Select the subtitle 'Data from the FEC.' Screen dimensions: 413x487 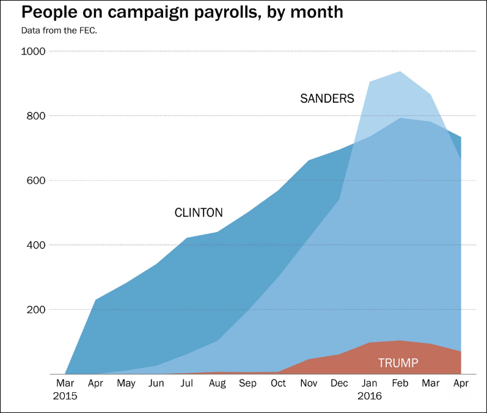tap(59, 30)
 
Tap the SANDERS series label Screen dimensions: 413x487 tap(327, 98)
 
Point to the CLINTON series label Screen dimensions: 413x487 tap(199, 213)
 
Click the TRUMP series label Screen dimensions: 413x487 tap(398, 364)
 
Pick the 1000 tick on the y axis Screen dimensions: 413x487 tap(34, 51)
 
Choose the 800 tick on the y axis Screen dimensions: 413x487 tap(37, 116)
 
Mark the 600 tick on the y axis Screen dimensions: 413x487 tap(37, 181)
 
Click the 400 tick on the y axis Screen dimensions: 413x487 tap(37, 245)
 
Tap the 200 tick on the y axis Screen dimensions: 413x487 tap(37, 310)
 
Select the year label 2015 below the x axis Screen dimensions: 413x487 tap(65, 396)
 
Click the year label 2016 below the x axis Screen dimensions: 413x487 tap(369, 396)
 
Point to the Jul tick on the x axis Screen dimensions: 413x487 tap(186, 383)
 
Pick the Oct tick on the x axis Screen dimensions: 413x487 tap(278, 383)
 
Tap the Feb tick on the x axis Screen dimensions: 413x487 tap(400, 383)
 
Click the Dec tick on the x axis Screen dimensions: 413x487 tap(339, 383)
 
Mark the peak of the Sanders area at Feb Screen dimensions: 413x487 tap(400, 71)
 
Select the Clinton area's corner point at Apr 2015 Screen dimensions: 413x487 tap(95, 299)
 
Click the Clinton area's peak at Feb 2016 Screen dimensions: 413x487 tap(400, 118)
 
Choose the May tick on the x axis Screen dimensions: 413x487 tap(126, 383)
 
